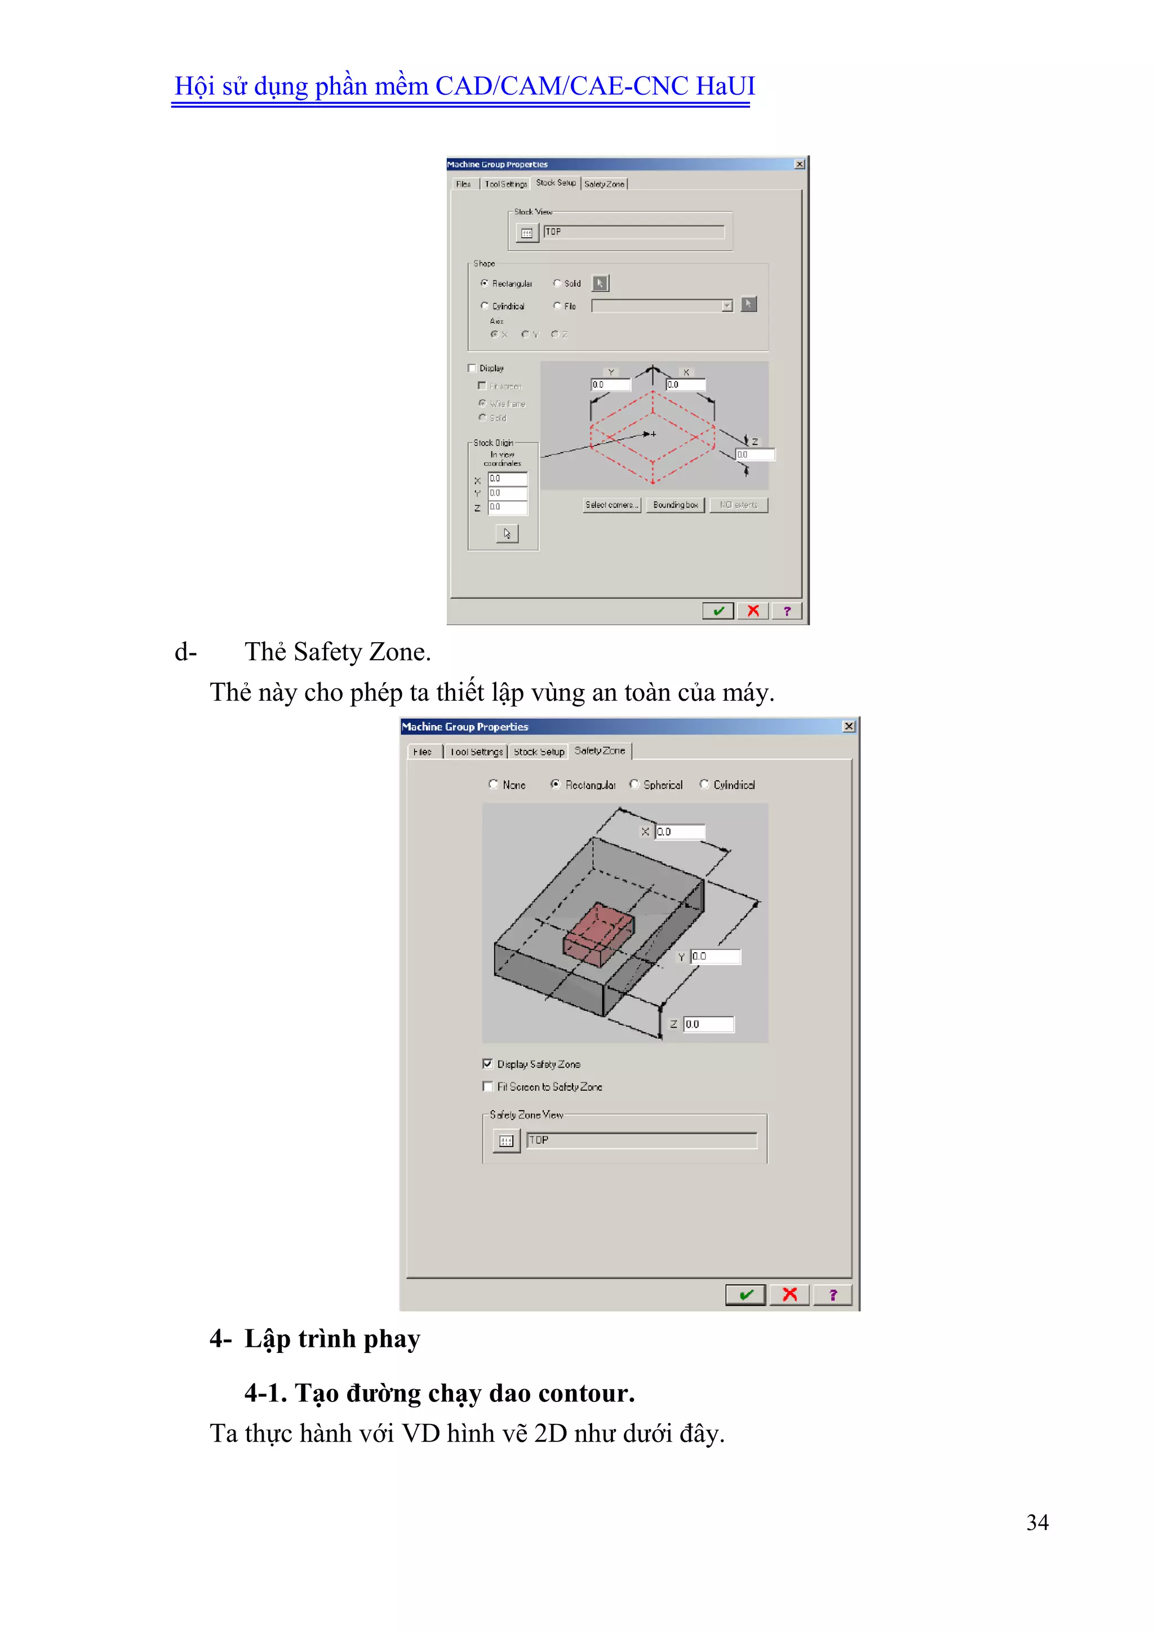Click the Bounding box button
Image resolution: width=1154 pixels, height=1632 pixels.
(675, 505)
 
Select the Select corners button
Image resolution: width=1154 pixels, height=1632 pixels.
(612, 505)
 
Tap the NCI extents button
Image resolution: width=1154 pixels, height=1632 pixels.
(738, 505)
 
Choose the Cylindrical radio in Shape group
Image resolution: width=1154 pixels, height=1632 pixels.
(485, 306)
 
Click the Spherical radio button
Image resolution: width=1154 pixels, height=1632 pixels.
(634, 784)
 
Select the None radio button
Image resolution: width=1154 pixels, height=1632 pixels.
(493, 784)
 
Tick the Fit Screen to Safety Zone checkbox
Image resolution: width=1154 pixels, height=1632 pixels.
(487, 1086)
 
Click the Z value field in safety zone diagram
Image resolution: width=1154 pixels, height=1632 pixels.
(708, 1024)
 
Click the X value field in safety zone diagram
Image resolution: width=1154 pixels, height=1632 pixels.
(680, 831)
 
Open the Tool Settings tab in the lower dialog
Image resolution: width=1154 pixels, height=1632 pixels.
(476, 751)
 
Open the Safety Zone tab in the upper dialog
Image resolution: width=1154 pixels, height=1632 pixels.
(604, 184)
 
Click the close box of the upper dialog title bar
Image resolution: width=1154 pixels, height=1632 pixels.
(800, 164)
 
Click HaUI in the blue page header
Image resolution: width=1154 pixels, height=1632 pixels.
(725, 86)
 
